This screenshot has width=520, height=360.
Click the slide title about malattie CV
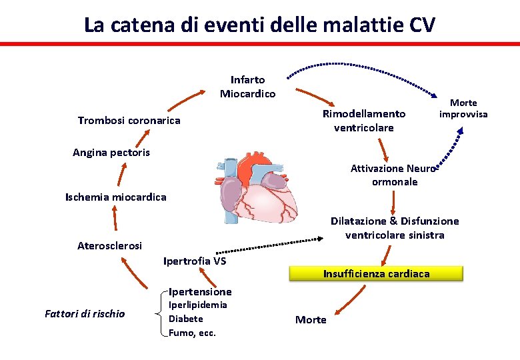[259, 25]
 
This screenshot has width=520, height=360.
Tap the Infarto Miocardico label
[247, 87]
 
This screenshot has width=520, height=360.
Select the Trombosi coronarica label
[129, 121]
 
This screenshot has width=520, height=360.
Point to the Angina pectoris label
[111, 153]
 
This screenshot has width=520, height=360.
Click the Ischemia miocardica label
[115, 197]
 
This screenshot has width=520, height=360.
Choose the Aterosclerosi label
[109, 246]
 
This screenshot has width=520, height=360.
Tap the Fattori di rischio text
[84, 313]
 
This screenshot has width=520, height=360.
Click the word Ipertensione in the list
[200, 291]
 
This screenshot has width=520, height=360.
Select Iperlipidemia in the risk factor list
[197, 305]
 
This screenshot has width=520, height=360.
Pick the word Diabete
[186, 319]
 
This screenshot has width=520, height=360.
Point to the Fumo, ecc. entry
[192, 333]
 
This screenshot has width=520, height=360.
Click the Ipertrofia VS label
[195, 261]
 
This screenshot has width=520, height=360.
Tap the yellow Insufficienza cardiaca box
[376, 273]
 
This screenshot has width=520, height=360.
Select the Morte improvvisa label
[463, 108]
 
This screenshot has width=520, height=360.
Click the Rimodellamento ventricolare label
[364, 121]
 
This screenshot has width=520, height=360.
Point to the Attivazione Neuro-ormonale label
[393, 175]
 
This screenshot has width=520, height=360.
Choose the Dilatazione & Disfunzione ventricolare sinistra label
[395, 227]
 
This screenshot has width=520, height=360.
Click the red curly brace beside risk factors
[158, 313]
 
